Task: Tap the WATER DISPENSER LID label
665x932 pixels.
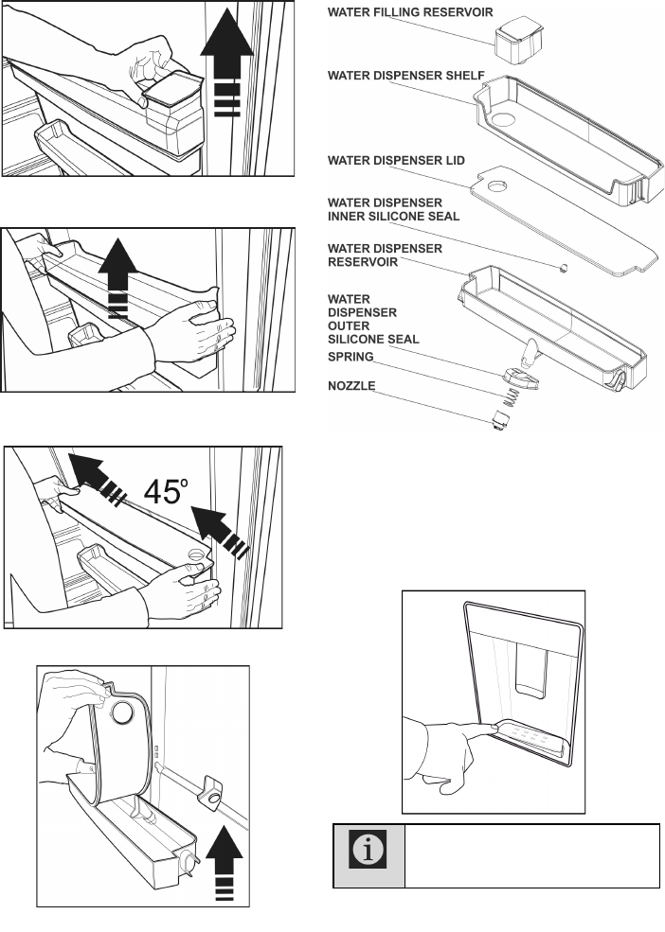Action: point(396,161)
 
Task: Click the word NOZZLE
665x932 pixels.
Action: point(352,385)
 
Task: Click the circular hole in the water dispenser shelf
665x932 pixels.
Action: point(502,119)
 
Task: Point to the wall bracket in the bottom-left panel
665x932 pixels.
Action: point(208,793)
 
